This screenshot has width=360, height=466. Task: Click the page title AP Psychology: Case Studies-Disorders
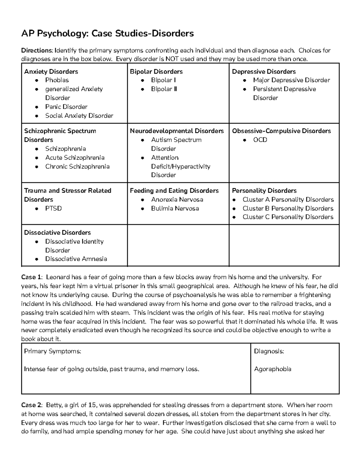(107, 33)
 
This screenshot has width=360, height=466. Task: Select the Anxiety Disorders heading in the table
(51, 71)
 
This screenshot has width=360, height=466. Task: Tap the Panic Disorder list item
(66, 107)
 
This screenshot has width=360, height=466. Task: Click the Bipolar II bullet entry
(164, 89)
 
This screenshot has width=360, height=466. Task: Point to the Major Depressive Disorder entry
(291, 80)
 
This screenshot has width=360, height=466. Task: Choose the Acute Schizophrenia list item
(75, 158)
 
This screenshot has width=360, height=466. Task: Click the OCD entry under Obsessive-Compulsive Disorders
(260, 140)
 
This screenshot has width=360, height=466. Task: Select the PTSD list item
(53, 208)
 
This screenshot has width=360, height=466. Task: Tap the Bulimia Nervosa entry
(175, 208)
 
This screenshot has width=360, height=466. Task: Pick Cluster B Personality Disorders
(288, 208)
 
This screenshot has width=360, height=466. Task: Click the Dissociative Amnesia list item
(76, 259)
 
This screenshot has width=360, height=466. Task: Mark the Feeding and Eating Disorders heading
(174, 191)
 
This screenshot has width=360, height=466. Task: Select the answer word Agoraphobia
(272, 369)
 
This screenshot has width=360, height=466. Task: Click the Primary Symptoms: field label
(52, 351)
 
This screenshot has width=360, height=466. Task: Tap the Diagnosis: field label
(269, 351)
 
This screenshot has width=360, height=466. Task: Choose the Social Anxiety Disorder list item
(79, 116)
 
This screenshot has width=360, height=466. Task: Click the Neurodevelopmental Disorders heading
(176, 131)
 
